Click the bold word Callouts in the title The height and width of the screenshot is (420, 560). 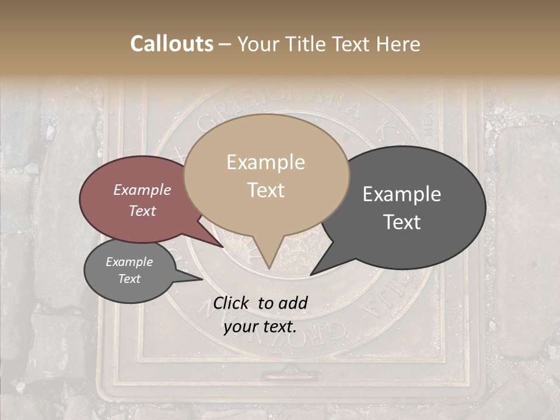pyautogui.click(x=171, y=44)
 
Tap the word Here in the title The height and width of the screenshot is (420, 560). pyautogui.click(x=398, y=44)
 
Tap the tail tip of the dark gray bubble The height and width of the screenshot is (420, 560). pyautogui.click(x=311, y=274)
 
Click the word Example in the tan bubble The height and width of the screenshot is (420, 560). pyautogui.click(x=265, y=162)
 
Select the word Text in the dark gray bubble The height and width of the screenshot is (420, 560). pyautogui.click(x=402, y=222)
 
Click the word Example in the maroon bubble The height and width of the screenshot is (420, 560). pyautogui.click(x=142, y=190)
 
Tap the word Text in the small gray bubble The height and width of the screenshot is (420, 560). pyautogui.click(x=129, y=279)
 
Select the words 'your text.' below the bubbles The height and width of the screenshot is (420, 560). pyautogui.click(x=260, y=327)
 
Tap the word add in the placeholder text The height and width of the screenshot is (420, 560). pyautogui.click(x=293, y=303)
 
